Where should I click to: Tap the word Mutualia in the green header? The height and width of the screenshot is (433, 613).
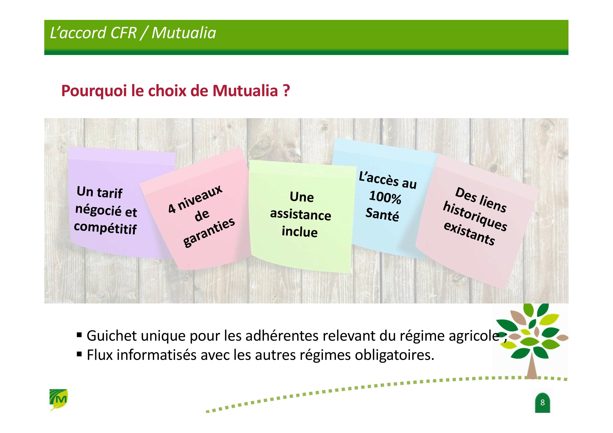184,33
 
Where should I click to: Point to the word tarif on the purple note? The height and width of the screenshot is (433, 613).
110,193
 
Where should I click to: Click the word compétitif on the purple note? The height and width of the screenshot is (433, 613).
105,228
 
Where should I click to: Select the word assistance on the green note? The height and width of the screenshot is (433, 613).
301,215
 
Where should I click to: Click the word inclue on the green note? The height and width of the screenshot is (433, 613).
300,231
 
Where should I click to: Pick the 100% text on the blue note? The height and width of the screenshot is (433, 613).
385,197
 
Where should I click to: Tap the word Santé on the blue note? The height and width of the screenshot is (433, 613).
382,214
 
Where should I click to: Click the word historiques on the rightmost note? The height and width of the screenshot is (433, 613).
475,216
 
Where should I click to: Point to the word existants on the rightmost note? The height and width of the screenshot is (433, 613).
469,233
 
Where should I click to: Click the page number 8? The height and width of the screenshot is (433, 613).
542,402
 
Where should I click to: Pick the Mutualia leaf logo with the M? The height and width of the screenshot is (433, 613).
59,399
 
